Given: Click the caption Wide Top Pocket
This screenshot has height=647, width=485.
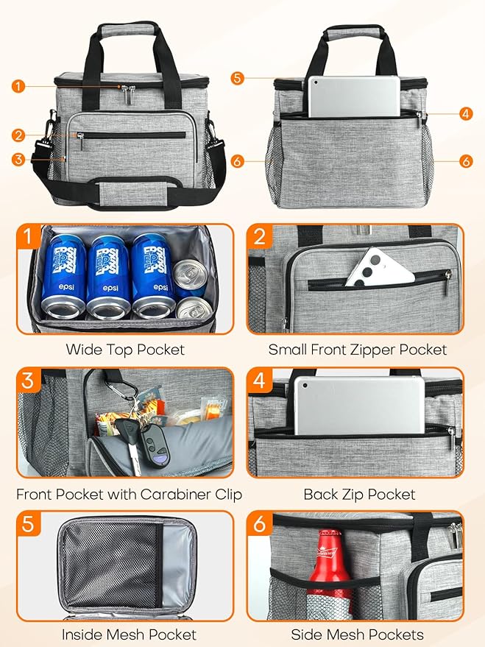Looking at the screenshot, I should (x=125, y=350).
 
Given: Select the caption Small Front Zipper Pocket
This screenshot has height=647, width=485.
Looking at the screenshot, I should (x=357, y=350).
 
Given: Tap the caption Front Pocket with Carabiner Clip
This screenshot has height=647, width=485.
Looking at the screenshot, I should (x=129, y=494).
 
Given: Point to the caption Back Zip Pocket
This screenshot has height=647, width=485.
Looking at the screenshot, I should (x=359, y=494).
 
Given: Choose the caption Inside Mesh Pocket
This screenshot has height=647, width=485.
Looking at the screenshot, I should (x=129, y=634).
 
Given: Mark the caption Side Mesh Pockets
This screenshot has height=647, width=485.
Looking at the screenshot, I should (x=357, y=634).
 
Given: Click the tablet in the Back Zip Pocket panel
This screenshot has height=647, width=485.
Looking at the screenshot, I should (x=359, y=405).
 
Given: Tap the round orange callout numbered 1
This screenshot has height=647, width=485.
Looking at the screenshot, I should (x=18, y=86).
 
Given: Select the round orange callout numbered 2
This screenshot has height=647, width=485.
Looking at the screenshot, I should (x=18, y=135).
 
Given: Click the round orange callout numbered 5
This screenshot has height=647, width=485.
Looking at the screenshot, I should (x=236, y=77).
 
